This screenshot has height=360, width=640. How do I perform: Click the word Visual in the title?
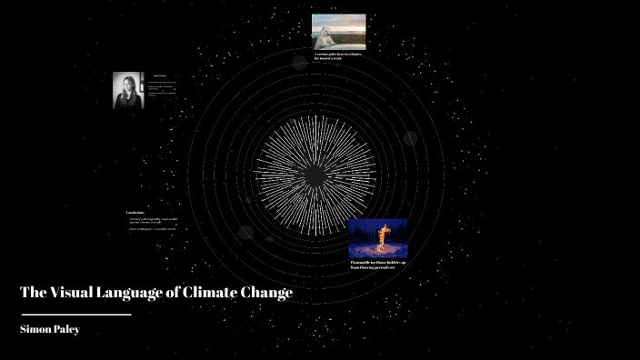pyautogui.click(x=75, y=293)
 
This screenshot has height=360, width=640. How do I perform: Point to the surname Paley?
pyautogui.click(x=67, y=329)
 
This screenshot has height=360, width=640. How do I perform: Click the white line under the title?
pyautogui.click(x=76, y=315)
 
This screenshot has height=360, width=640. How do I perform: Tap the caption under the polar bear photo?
pyautogui.click(x=338, y=56)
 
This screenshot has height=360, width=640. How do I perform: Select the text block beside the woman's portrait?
pyautogui.click(x=161, y=85)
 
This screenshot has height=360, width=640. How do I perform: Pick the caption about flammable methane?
pyautogui.click(x=378, y=265)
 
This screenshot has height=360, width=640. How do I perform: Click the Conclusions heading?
pyautogui.click(x=135, y=213)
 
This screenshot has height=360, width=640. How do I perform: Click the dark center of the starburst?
pyautogui.click(x=315, y=174)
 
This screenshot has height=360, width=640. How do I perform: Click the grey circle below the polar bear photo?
pyautogui.click(x=300, y=62)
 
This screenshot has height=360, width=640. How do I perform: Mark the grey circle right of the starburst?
pyautogui.click(x=410, y=138)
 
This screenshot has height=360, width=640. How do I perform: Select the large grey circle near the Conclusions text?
pyautogui.click(x=245, y=232)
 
